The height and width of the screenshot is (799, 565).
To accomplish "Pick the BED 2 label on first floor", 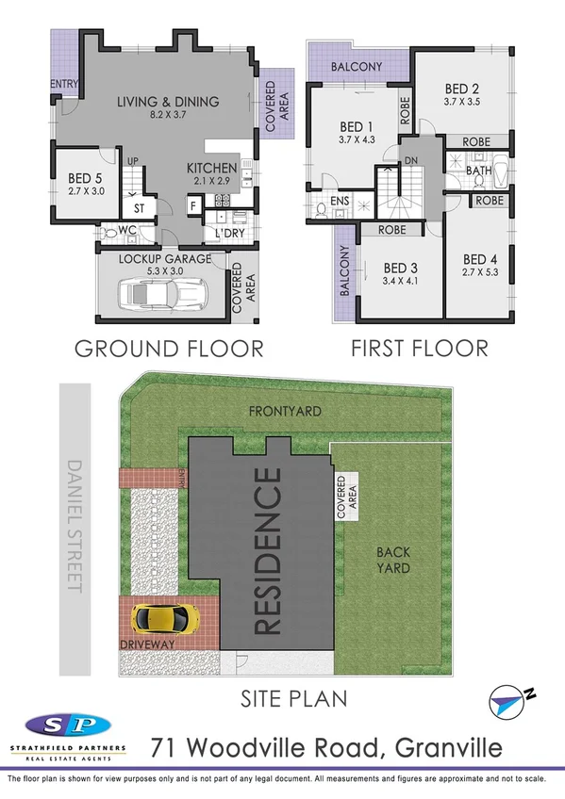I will pyautogui.click(x=462, y=90).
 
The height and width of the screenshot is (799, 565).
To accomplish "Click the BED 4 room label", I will pyautogui.click(x=479, y=260).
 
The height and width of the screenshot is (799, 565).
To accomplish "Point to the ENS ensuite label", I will pyautogui.click(x=339, y=200).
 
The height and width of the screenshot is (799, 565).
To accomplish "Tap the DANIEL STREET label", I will pyautogui.click(x=75, y=525).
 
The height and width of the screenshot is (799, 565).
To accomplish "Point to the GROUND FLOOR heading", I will pyautogui.click(x=169, y=349).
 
